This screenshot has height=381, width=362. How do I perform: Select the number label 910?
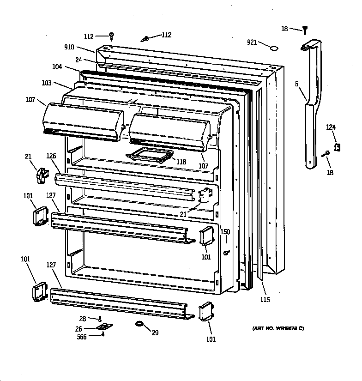(x=70, y=47)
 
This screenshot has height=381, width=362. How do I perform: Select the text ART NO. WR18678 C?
(x=278, y=328)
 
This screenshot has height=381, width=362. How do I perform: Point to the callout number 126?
(x=51, y=156)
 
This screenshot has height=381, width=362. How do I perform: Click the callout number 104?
(x=57, y=67)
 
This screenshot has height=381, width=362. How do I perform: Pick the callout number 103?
(x=47, y=83)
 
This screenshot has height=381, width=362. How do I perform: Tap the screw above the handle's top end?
(x=305, y=30)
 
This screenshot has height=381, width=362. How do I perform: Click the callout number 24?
(x=78, y=59)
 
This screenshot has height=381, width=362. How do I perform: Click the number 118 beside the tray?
(x=181, y=162)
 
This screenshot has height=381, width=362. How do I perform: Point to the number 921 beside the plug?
(x=252, y=42)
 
